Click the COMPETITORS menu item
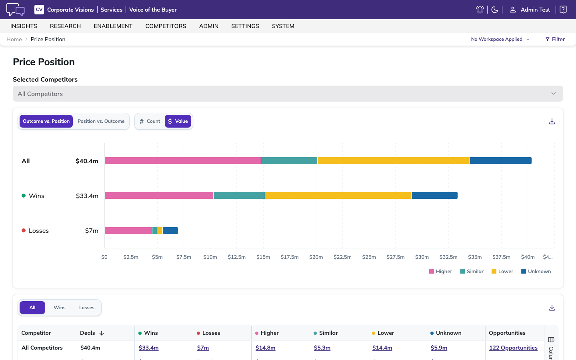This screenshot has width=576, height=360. pyautogui.click(x=166, y=26)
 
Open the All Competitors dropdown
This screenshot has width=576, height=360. pyautogui.click(x=288, y=94)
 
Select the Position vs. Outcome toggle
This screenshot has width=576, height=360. pyautogui.click(x=101, y=121)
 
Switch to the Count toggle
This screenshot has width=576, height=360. pyautogui.click(x=150, y=121)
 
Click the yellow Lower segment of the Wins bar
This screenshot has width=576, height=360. pyautogui.click(x=338, y=196)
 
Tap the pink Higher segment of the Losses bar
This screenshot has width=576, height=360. pyautogui.click(x=128, y=231)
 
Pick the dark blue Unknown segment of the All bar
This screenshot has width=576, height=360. pyautogui.click(x=501, y=161)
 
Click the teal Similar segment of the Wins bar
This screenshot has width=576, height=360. pyautogui.click(x=239, y=196)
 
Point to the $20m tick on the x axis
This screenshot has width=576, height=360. pyautogui.click(x=316, y=257)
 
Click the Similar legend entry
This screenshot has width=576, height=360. pyautogui.click(x=472, y=271)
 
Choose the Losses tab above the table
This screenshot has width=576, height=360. pyautogui.click(x=87, y=308)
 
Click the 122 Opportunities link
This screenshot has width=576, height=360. pyautogui.click(x=513, y=348)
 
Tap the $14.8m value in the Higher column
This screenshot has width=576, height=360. pyautogui.click(x=265, y=348)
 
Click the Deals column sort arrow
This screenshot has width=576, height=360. pyautogui.click(x=102, y=333)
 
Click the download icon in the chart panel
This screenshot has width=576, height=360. pyautogui.click(x=552, y=121)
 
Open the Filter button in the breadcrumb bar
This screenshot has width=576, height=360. pyautogui.click(x=555, y=39)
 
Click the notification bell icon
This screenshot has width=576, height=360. pyautogui.click(x=480, y=10)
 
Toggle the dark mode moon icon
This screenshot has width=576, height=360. pyautogui.click(x=494, y=10)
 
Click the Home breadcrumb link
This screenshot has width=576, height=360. pyautogui.click(x=14, y=39)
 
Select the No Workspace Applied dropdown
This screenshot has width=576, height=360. pyautogui.click(x=500, y=39)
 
